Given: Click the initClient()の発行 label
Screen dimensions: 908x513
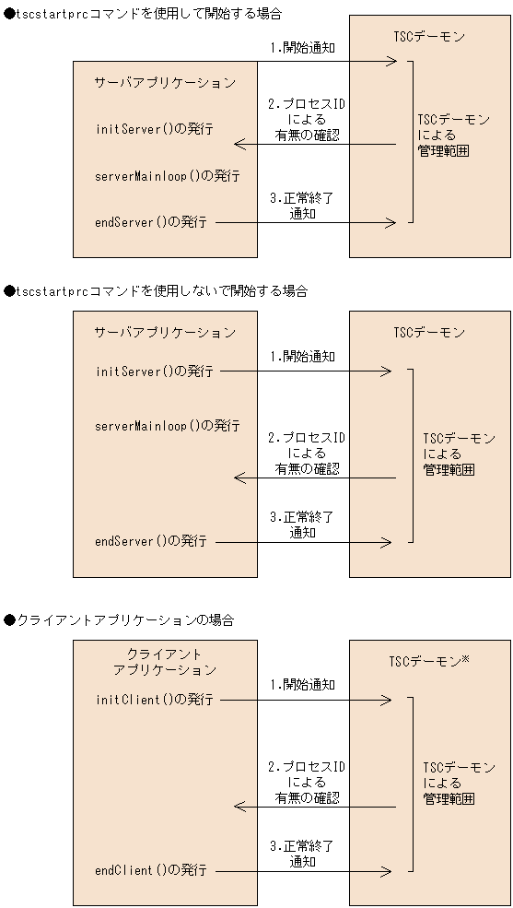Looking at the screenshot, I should point(154,700).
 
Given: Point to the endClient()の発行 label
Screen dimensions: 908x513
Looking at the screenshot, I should point(150,869).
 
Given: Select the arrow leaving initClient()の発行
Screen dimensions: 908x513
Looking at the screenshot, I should point(306,700).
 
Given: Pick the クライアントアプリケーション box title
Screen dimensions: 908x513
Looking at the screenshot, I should point(165,661).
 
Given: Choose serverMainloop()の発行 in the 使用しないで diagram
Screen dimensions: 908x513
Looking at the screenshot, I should point(167,426).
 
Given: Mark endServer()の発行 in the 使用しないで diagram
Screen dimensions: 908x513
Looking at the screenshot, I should point(150,541).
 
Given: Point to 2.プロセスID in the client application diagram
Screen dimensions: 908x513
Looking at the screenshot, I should point(307,766).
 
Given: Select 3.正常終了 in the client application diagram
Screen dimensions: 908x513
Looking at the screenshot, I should point(302,845).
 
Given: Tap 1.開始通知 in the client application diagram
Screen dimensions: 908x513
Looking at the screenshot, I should point(302,685).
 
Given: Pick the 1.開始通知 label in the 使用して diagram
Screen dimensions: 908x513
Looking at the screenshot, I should point(302,47).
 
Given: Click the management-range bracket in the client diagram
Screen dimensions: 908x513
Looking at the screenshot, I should point(411,784).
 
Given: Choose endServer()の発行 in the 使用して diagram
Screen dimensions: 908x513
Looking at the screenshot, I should point(150,222).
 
